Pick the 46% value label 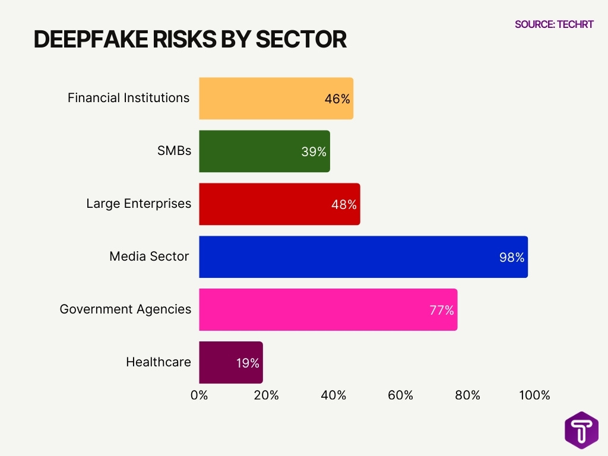coord(337,99)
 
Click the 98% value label coord(512,258)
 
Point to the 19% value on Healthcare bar coord(248,363)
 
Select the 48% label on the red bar coord(344,205)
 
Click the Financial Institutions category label coord(128,98)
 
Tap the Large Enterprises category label coord(138,204)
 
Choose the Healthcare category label coord(158,362)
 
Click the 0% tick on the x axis coord(199,395)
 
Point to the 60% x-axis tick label coord(400,395)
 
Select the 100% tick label coord(534,395)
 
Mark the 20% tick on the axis coord(266,395)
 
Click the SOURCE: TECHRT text coord(553,24)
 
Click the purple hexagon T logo coord(581,429)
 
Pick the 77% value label coord(442,310)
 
